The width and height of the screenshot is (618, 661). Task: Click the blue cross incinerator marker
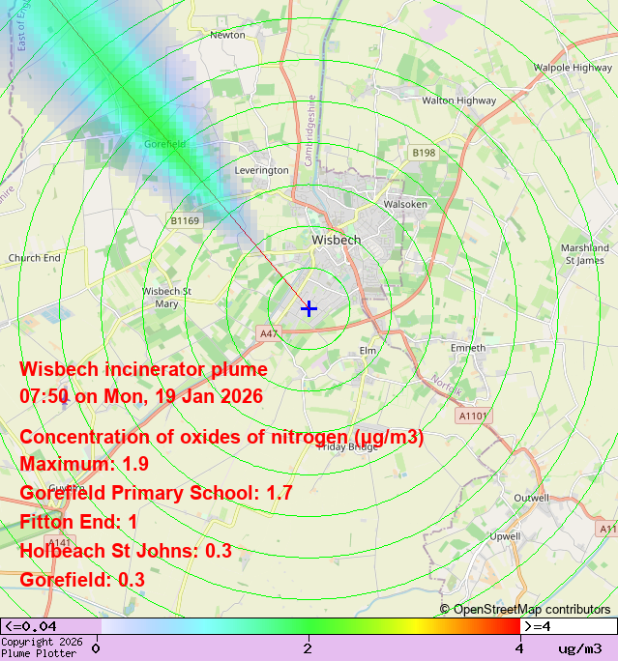(309, 308)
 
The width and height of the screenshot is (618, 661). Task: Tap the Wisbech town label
(337, 240)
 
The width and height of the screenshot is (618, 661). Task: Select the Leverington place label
(262, 170)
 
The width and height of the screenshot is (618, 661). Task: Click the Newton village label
(227, 35)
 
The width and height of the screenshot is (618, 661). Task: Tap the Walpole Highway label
(573, 68)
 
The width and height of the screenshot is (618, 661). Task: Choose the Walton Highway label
(458, 100)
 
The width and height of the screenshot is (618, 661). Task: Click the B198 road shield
(424, 153)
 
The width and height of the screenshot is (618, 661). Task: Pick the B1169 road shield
(185, 220)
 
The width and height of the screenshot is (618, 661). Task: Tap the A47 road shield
(269, 333)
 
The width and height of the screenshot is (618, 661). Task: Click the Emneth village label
(467, 348)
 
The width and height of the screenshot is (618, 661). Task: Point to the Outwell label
(531, 498)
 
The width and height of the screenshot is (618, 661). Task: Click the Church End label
(34, 258)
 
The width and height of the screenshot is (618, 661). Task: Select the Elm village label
(368, 350)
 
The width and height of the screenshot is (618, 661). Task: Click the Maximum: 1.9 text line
(84, 464)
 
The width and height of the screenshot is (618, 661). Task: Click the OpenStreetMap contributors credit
(525, 609)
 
